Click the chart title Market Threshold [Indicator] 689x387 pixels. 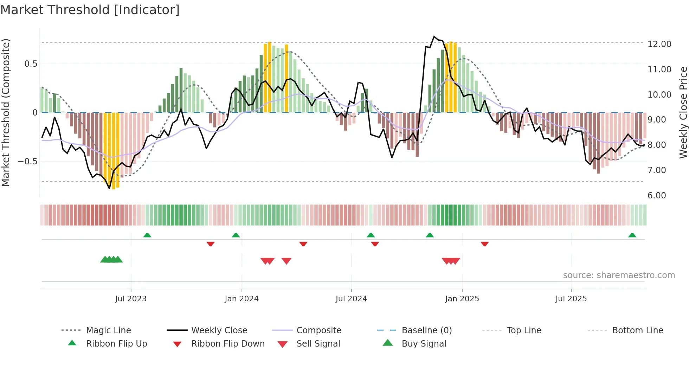[90, 10]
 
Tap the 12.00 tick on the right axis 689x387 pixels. [659, 44]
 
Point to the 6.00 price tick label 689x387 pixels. [656, 196]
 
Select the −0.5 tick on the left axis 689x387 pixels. [27, 162]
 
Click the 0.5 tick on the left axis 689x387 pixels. [31, 64]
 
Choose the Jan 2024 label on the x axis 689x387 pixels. [242, 299]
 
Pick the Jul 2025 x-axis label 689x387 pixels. [571, 299]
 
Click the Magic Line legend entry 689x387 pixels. [108, 330]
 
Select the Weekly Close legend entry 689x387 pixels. [219, 330]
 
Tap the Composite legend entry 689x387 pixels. [318, 330]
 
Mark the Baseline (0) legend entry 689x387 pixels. [426, 330]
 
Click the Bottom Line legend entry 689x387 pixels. [637, 330]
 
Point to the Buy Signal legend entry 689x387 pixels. [424, 344]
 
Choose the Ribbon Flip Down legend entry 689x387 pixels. [227, 344]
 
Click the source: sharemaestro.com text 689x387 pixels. [619, 275]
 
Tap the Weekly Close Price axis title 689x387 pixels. [683, 112]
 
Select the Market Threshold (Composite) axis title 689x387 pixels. [6, 112]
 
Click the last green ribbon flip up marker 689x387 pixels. [632, 235]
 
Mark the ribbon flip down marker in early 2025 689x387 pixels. [484, 244]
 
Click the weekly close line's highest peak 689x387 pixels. [434, 37]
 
